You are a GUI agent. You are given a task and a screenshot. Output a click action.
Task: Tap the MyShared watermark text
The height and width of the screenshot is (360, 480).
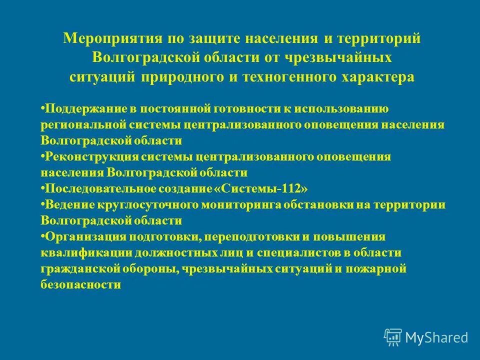pyautogui.click(x=436, y=337)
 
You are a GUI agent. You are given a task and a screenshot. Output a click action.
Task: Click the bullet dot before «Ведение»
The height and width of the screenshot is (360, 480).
pyautogui.click(x=42, y=205)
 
